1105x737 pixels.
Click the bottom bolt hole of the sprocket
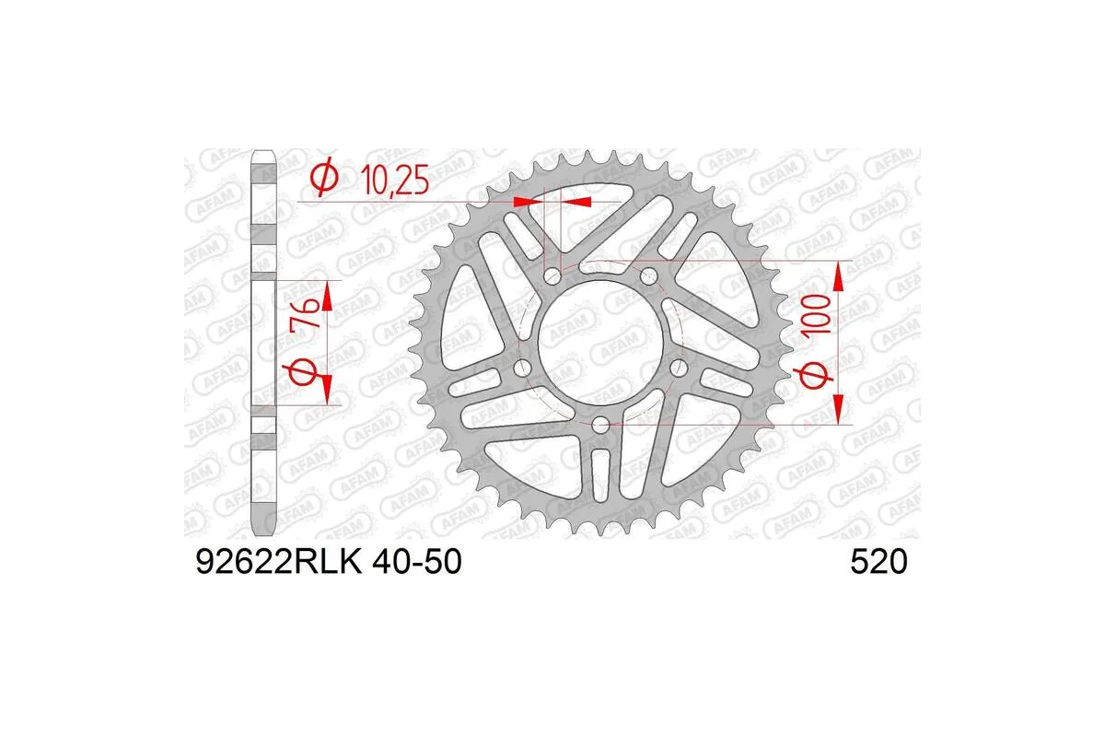(600, 424)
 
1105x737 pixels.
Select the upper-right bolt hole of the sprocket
(648, 275)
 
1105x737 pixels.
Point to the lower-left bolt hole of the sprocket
(523, 367)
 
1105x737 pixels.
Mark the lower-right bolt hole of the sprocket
(679, 367)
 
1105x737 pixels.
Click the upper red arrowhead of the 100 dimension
(838, 273)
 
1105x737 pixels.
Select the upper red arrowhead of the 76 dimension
(327, 292)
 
